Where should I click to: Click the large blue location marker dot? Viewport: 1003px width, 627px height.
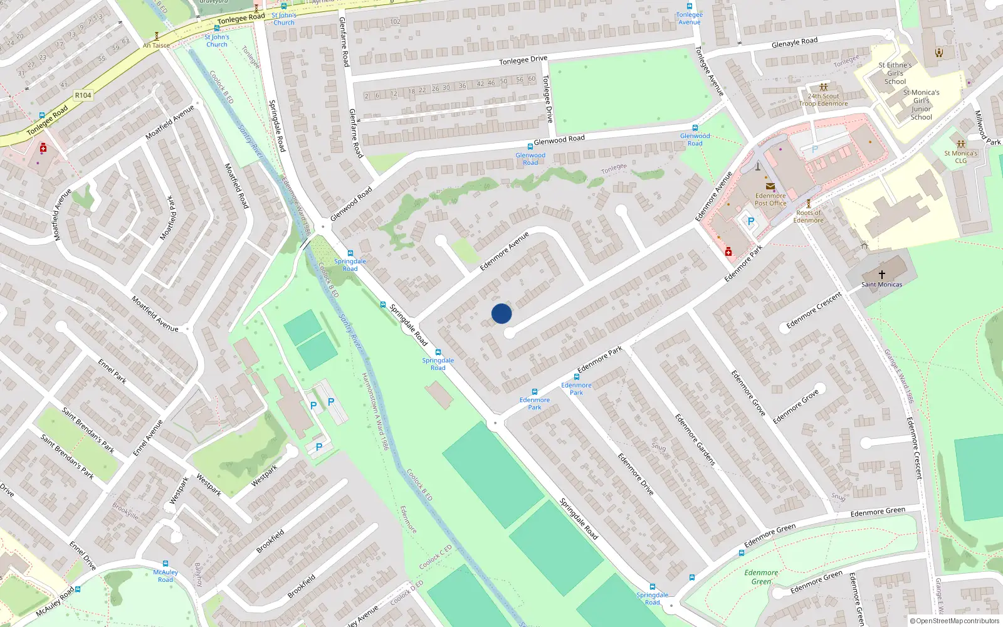(501, 313)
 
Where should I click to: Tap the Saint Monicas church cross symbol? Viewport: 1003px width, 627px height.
(881, 275)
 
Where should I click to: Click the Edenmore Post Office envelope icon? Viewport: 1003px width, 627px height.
(770, 186)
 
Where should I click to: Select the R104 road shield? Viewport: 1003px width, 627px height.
(83, 95)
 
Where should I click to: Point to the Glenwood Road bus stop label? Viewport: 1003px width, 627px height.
(530, 159)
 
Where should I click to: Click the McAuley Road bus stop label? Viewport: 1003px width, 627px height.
(165, 576)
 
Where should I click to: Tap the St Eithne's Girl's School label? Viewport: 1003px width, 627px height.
(895, 73)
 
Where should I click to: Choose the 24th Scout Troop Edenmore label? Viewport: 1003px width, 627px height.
(823, 100)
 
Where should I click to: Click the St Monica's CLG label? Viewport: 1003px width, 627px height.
(960, 157)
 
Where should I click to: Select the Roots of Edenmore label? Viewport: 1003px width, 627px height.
(808, 216)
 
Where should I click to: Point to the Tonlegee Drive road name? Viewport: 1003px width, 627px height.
(523, 60)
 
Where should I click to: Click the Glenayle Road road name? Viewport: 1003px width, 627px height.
(794, 43)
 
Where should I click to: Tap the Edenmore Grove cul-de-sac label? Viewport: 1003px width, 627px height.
(796, 406)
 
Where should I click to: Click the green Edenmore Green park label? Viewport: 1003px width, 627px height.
(761, 577)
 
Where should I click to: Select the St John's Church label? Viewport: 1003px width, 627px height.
(217, 41)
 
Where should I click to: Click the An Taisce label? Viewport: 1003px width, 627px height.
(156, 45)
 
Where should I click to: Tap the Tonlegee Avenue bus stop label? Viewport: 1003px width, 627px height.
(689, 18)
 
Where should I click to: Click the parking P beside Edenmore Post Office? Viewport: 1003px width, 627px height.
(750, 221)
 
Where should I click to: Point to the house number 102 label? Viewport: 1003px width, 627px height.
(395, 21)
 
